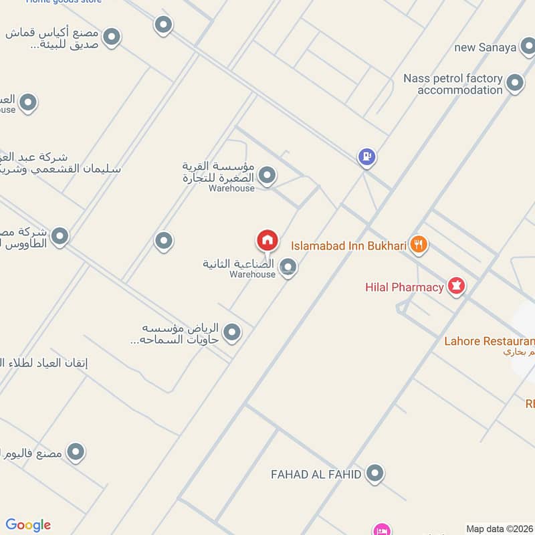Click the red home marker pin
267,240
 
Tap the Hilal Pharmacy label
404,288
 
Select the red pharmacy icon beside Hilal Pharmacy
457,286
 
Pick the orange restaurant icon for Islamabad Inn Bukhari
419,245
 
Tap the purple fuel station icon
366,157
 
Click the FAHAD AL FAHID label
316,475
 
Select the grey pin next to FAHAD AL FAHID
375,474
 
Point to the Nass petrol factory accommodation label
453,84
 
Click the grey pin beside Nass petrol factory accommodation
515,84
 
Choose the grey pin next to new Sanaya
528,47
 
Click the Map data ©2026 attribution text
500,529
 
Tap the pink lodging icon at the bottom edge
382,530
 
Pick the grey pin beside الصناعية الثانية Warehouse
288,267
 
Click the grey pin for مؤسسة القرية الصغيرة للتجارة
267,176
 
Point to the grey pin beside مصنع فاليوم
76,453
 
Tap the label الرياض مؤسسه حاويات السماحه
182,333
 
